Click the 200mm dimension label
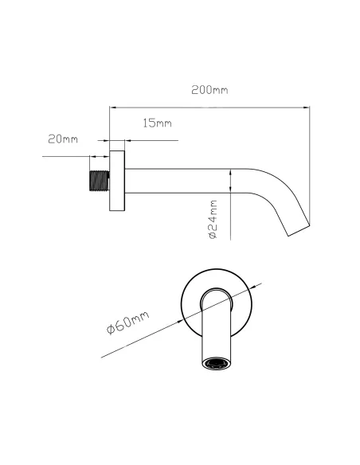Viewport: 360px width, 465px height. tap(209, 90)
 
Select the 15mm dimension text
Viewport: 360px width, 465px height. tap(157, 123)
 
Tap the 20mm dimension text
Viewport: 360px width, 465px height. tap(63, 139)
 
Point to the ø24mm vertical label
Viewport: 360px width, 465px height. tap(213, 219)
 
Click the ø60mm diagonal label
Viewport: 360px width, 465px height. tap(127, 322)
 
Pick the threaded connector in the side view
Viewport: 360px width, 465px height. tap(100, 181)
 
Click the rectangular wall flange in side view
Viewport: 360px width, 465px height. tap(117, 181)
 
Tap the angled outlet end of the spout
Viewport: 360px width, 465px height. tap(299, 230)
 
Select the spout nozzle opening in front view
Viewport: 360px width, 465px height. tap(216, 364)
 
